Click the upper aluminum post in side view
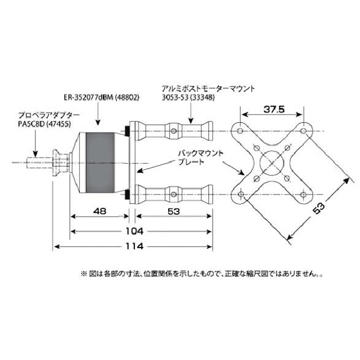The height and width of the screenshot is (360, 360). (174, 131)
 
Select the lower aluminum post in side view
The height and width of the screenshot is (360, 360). (174, 195)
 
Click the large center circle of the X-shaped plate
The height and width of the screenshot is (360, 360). (273, 163)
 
